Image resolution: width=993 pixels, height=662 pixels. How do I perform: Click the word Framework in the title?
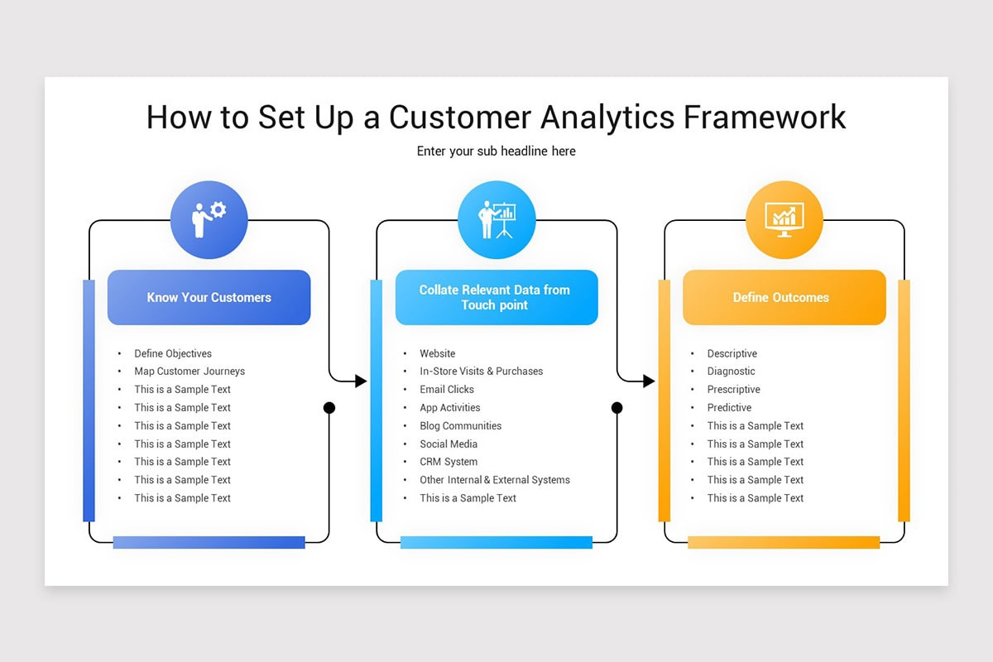point(765,117)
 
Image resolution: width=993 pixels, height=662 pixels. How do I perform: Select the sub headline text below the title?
point(496,151)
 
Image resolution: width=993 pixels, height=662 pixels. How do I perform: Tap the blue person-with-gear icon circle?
point(209,219)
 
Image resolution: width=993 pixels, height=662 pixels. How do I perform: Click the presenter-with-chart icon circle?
point(496,219)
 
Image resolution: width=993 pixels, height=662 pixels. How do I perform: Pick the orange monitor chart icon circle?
point(784,219)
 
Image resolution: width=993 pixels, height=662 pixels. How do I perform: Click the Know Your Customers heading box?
point(209,297)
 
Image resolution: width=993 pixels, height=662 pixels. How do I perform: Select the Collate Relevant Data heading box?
point(496,297)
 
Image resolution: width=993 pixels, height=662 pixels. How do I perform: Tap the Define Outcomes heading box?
point(784,297)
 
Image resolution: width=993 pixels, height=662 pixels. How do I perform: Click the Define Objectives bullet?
point(173,353)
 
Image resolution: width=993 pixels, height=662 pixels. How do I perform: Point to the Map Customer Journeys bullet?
point(189,372)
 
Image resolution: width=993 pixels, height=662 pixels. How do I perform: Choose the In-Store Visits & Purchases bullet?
point(481,372)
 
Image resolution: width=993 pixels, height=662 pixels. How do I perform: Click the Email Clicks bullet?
point(447,390)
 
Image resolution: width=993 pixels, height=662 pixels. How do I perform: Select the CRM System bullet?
point(449,462)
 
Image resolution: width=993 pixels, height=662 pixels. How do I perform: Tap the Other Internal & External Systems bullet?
point(494,480)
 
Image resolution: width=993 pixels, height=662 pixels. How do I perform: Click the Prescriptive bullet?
point(733,390)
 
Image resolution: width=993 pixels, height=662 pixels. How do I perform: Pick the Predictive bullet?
point(729,408)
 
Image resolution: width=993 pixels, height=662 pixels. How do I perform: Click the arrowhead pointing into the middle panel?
point(361,381)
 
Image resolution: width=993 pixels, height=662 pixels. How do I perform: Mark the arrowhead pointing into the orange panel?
point(649,381)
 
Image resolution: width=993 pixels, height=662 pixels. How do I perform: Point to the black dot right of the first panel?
point(329,408)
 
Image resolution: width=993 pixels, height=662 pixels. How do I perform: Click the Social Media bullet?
point(449,444)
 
